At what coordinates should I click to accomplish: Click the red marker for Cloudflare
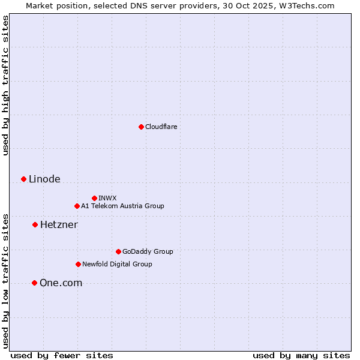pos(141,127)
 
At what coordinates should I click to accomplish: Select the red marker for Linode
pos(23,179)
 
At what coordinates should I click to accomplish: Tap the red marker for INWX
pos(94,198)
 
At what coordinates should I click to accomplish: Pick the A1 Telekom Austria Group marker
pos(77,206)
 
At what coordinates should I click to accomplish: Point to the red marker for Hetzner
pos(35,224)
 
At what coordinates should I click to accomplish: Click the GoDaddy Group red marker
pos(118,251)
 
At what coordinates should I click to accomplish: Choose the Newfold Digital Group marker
pos(78,264)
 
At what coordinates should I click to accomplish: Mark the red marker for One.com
pos(34,283)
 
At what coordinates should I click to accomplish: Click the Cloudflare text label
pos(161,127)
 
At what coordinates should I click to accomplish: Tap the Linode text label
pos(44,179)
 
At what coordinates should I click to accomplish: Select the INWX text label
pos(107,198)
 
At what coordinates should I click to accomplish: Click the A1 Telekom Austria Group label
pos(122,206)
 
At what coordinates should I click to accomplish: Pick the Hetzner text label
pos(59,224)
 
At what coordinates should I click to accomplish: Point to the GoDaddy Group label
pos(148,251)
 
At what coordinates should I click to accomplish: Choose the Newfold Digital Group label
pos(117,264)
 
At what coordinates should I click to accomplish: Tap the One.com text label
pos(61,283)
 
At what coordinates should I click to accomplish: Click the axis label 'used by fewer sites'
pos(62,355)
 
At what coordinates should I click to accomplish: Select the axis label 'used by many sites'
pos(301,355)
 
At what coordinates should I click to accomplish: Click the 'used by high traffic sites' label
pos(6,85)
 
